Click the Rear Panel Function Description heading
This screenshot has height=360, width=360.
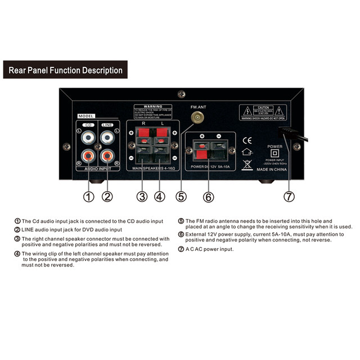pyautogui.click(x=65, y=70)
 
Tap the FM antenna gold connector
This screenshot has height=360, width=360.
pyautogui.click(x=197, y=118)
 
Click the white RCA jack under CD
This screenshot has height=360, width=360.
pyautogui.click(x=88, y=136)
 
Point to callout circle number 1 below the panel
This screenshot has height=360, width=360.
pyautogui.click(x=88, y=197)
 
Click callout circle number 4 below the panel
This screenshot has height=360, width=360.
pyautogui.click(x=160, y=197)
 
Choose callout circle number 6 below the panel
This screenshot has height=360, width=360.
pyautogui.click(x=209, y=197)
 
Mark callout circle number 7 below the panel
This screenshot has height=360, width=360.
pyautogui.click(x=289, y=197)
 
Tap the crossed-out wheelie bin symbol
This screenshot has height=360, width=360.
pyautogui.click(x=246, y=164)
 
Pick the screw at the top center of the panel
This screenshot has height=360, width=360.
pyautogui.click(x=181, y=94)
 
